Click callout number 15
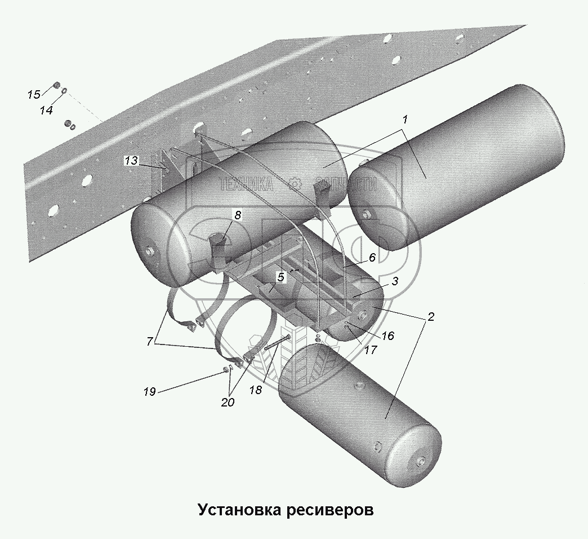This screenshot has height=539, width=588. pos(34,94)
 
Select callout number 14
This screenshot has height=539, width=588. pos(46,111)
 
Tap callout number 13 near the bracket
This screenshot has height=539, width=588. pos(131,161)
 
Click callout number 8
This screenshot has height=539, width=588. pos(237,215)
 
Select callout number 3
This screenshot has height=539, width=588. pos(395,281)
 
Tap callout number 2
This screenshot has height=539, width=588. pos(430,316)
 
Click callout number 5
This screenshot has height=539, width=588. pos(280,277)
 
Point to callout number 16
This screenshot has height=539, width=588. pos(387,336)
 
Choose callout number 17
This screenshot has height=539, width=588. pos(369,350)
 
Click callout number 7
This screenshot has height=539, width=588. pos(149,341)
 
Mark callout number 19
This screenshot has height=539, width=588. pos(149,391)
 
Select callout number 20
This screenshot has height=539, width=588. pos(228,403)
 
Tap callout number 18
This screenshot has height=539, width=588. pos(256,390)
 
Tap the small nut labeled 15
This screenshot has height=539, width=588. pos(57,85)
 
